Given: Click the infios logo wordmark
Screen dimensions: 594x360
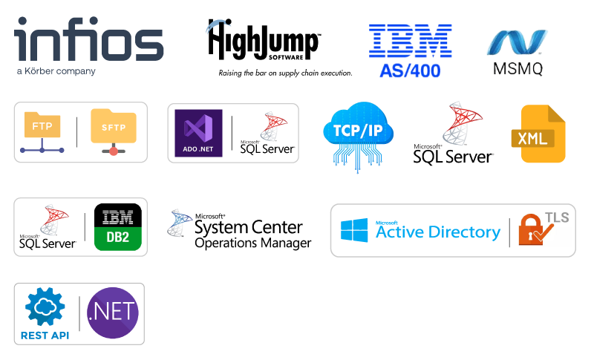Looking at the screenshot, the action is tap(88, 39).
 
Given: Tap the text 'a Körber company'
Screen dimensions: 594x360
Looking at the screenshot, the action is tap(56, 71).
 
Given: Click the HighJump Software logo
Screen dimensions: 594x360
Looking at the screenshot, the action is tap(264, 39).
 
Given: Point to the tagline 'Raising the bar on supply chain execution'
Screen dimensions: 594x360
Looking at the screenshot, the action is tap(285, 73).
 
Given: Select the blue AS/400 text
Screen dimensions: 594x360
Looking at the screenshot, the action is tap(410, 71).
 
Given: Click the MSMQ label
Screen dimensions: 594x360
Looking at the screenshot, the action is tap(518, 68).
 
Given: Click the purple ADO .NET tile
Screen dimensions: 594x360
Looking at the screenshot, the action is tap(198, 134).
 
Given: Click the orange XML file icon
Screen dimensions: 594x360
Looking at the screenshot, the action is tap(538, 134).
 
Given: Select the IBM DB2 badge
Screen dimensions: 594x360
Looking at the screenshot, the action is tap(118, 227).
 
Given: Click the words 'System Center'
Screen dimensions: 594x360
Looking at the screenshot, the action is tap(249, 228).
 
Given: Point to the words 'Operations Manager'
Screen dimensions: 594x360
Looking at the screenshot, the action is tap(253, 243).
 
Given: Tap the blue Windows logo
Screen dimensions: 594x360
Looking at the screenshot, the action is tap(354, 230).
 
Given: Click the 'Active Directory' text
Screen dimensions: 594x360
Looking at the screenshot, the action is tap(438, 232).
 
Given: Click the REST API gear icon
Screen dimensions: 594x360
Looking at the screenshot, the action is tap(45, 307).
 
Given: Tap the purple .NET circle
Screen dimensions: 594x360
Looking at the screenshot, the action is tap(113, 312).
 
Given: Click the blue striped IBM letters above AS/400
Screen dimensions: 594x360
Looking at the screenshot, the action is tap(411, 41).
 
